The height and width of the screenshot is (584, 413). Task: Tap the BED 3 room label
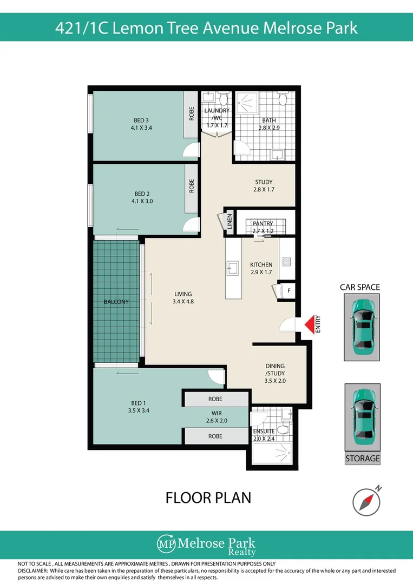(141, 124)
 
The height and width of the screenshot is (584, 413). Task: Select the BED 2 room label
(142, 197)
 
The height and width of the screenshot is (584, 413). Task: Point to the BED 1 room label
(138, 407)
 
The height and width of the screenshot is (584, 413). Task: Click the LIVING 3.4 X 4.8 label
(183, 297)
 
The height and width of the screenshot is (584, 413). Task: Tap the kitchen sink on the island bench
(233, 268)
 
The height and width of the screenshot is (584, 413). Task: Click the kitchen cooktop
(286, 262)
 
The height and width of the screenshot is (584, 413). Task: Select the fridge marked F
(289, 290)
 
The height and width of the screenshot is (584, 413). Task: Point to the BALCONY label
(116, 302)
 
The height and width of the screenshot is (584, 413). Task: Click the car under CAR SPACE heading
(362, 327)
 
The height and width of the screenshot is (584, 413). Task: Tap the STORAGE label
(362, 459)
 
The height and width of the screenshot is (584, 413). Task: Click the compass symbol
(366, 502)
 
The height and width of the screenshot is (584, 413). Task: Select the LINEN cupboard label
(230, 221)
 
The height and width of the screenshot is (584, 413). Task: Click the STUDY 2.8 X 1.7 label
(264, 185)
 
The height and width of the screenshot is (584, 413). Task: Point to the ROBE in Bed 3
(192, 114)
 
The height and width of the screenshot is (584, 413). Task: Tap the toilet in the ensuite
(283, 430)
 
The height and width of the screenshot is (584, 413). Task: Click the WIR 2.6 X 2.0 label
(217, 417)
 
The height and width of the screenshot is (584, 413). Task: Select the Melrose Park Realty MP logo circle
(166, 544)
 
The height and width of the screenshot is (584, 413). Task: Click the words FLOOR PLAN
(208, 497)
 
